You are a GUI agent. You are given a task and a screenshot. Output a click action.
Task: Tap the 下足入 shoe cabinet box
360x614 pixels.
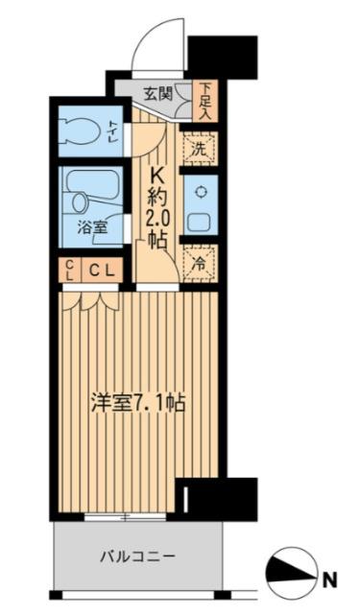tap(204, 99)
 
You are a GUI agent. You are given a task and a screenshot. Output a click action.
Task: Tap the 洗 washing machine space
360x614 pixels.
tap(199, 149)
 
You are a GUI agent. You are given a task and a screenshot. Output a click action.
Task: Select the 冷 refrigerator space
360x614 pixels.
tap(199, 260)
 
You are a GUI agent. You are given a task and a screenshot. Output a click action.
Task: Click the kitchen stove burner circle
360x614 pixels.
tap(201, 191)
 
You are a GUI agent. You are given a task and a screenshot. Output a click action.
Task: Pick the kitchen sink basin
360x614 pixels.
tap(201, 220)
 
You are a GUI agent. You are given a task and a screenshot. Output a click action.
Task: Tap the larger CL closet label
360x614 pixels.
tap(103, 271)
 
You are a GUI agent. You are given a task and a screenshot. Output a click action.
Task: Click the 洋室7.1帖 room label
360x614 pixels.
tap(139, 403)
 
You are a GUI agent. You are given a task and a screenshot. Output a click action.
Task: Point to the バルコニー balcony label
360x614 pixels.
tap(136, 555)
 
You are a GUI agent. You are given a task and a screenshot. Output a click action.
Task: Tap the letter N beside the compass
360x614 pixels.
tap(330, 579)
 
